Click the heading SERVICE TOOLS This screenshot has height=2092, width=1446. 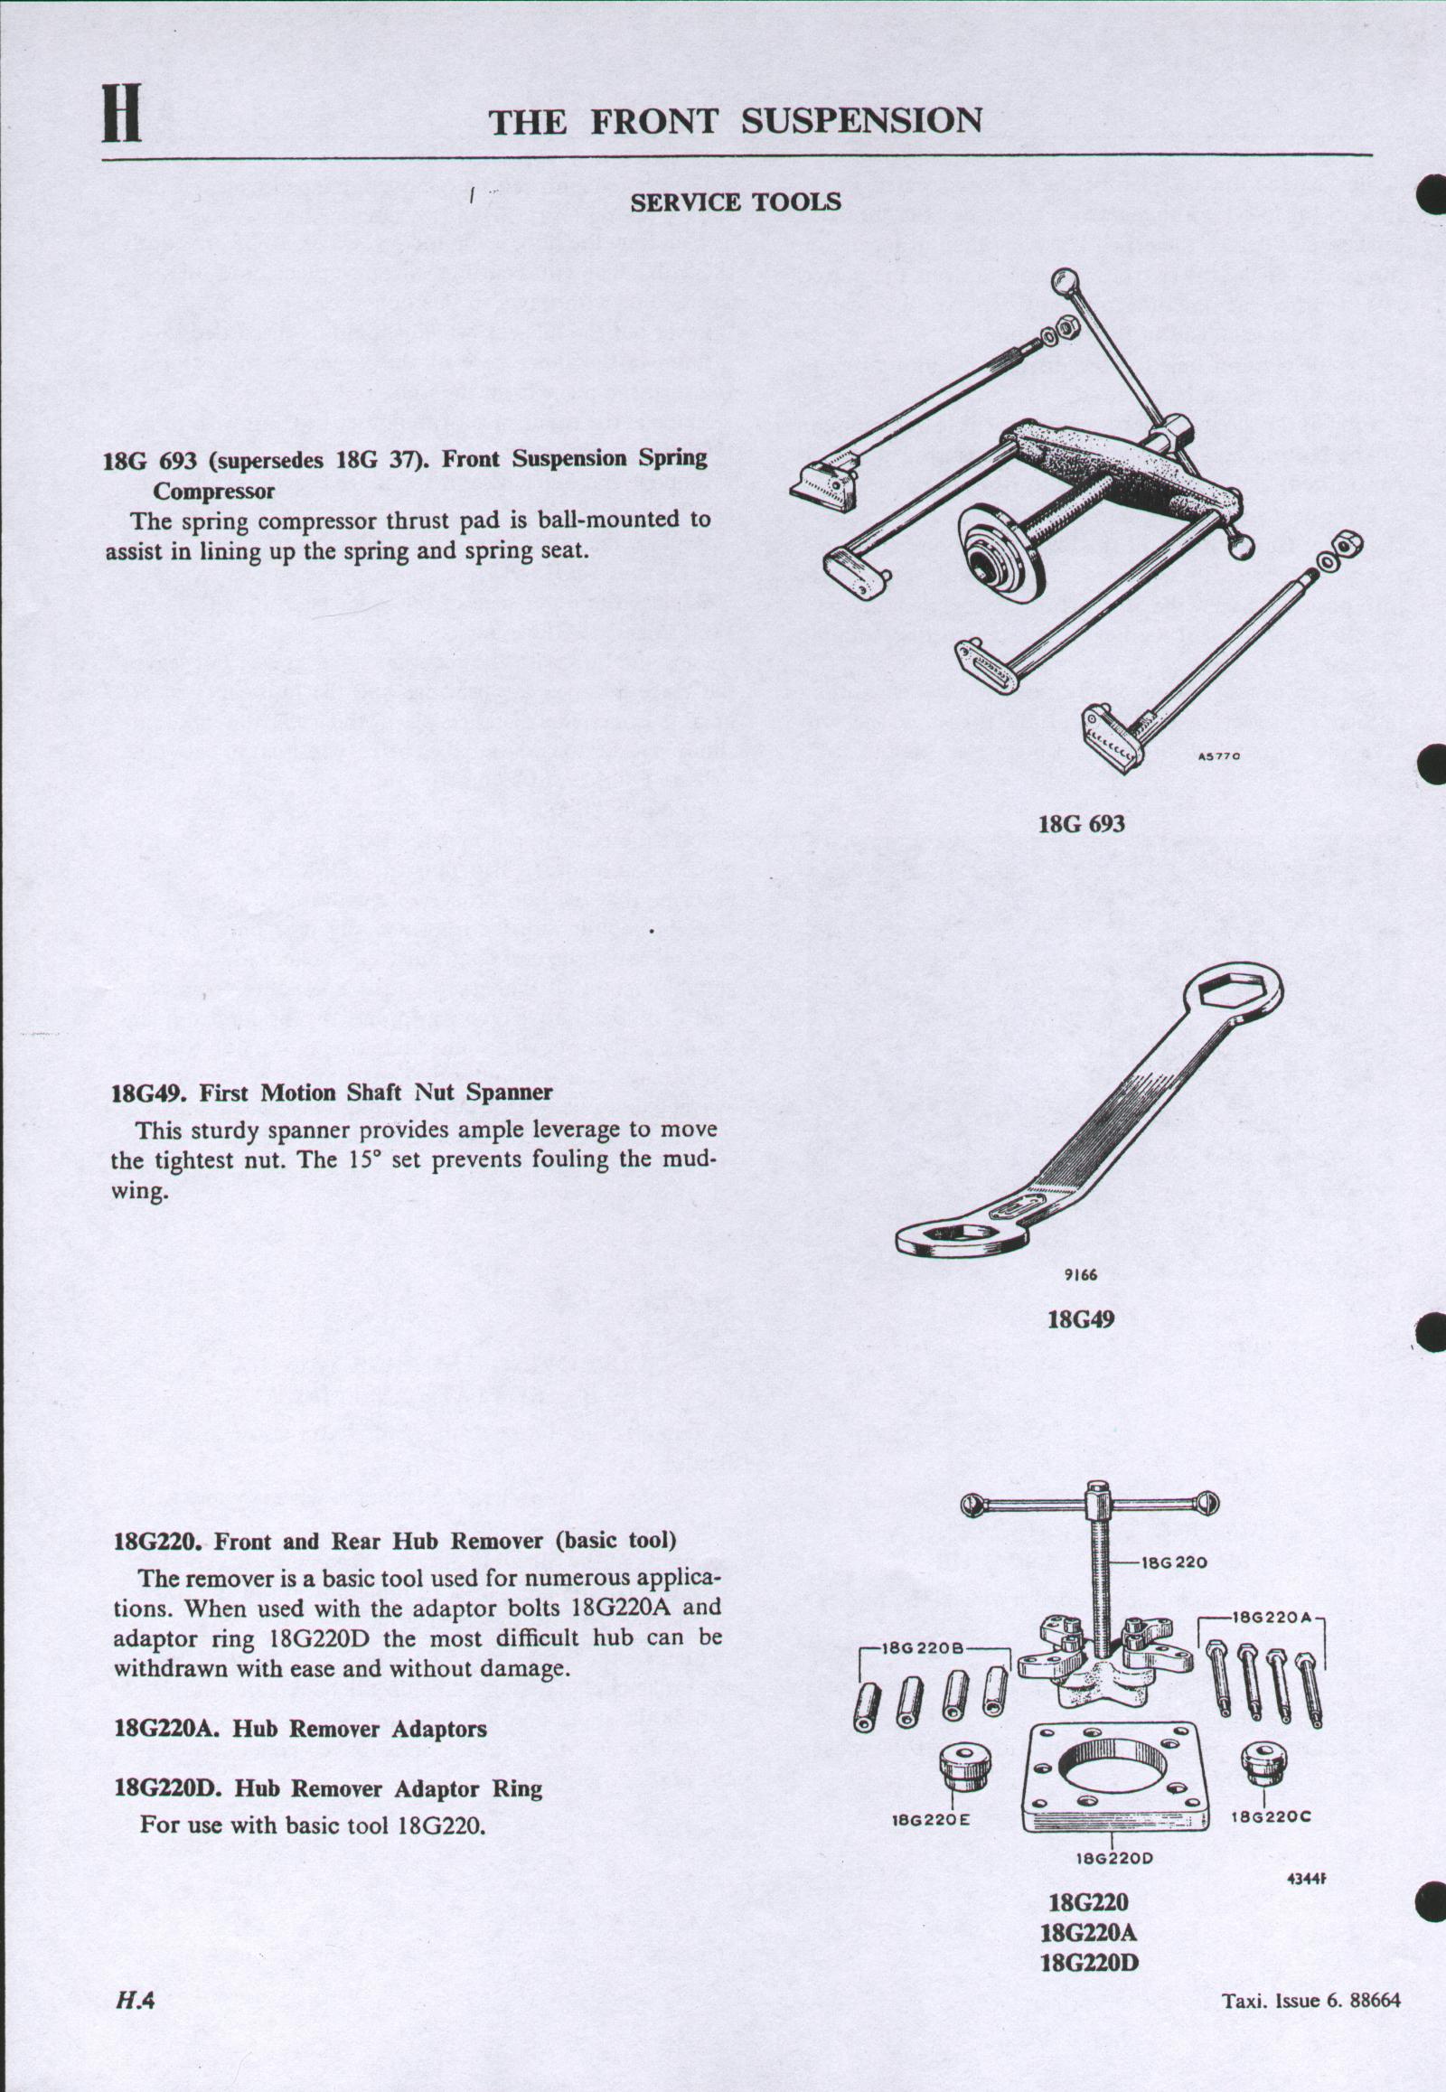(x=735, y=203)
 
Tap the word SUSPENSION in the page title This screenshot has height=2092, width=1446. (x=860, y=120)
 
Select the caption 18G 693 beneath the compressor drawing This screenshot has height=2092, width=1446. (x=1081, y=823)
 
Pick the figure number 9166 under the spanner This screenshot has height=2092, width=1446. (x=1081, y=1276)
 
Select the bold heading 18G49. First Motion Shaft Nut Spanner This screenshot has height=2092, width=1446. (x=332, y=1092)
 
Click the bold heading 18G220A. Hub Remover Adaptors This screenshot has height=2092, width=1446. (x=301, y=1729)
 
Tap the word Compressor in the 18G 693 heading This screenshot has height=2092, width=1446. (x=213, y=491)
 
